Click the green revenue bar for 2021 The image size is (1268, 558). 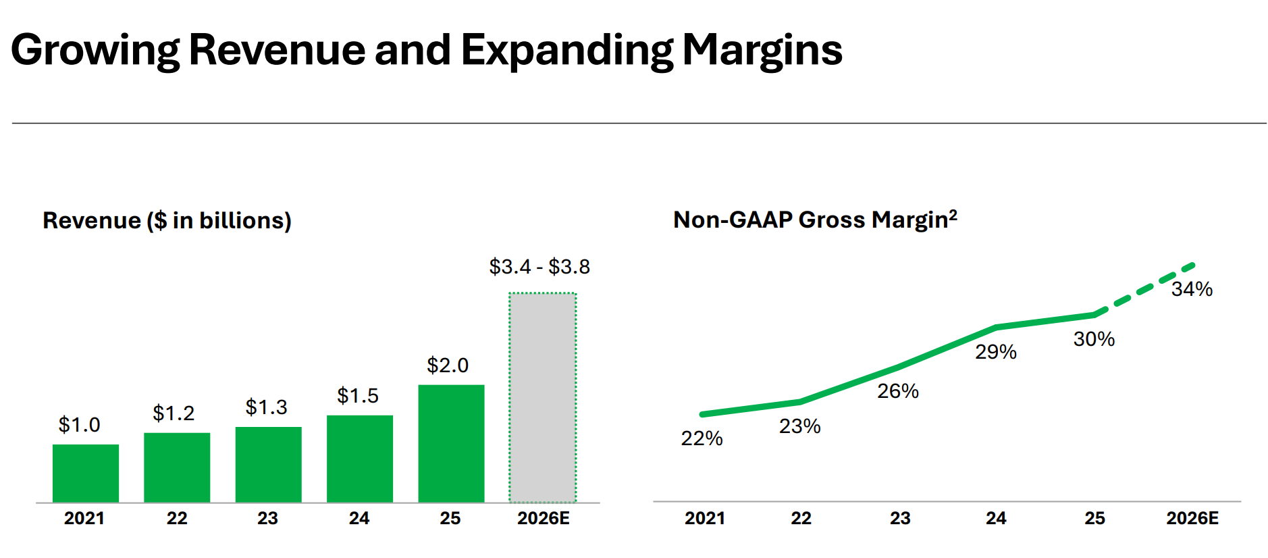click(x=86, y=473)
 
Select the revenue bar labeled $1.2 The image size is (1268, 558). click(x=177, y=467)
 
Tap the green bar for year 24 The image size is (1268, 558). click(x=360, y=459)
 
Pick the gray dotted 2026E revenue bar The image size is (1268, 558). click(x=542, y=398)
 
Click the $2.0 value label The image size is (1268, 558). click(x=448, y=365)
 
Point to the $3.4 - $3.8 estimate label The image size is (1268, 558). click(x=539, y=267)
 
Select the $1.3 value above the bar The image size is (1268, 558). click(x=266, y=407)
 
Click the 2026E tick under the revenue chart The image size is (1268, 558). click(x=544, y=518)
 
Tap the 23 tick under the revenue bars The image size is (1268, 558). click(x=267, y=518)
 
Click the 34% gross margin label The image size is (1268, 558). click(x=1192, y=289)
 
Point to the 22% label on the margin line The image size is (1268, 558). click(x=702, y=438)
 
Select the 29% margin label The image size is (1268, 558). click(x=996, y=352)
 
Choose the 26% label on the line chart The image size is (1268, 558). click(x=897, y=391)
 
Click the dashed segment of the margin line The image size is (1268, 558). click(x=1146, y=287)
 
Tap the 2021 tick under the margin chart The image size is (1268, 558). click(x=705, y=518)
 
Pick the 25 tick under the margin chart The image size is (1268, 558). click(x=1094, y=518)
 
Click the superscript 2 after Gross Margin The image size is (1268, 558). click(x=953, y=214)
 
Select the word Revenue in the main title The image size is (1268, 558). click(x=277, y=50)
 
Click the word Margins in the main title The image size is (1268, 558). click(x=762, y=50)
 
